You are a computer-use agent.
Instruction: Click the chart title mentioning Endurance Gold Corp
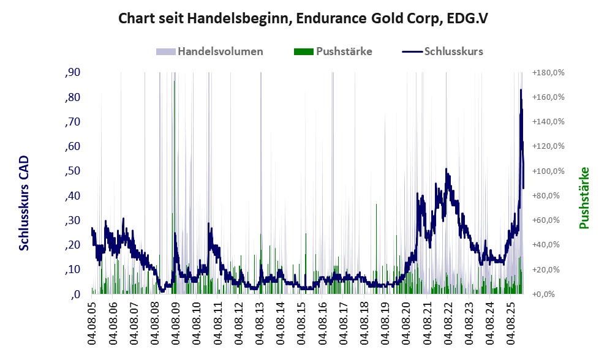coord(303,18)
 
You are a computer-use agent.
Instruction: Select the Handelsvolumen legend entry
coord(221,51)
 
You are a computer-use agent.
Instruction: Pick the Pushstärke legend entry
coord(344,51)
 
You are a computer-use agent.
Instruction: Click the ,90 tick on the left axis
coord(72,73)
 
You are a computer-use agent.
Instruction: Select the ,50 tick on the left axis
coord(72,171)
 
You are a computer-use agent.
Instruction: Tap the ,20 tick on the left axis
coord(72,245)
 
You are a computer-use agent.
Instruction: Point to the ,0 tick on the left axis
coord(75,294)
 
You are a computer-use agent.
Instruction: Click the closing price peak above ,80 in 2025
coord(521,91)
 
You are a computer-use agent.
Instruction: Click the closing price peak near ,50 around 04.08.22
coord(447,170)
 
